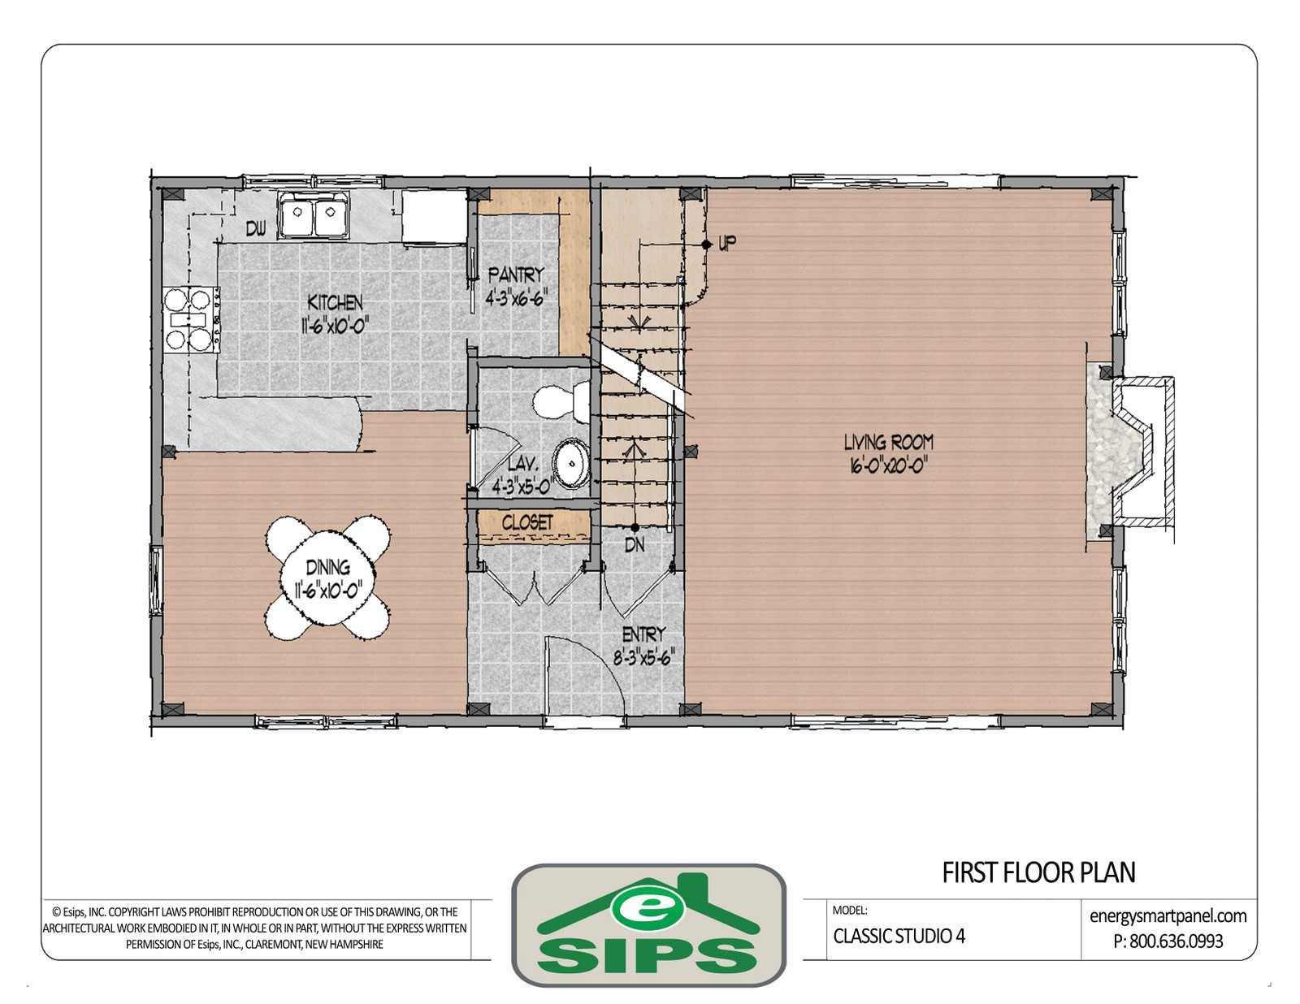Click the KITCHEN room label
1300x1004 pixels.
[335, 303]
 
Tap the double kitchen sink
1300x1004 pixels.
[313, 216]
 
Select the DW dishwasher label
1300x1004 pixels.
[256, 230]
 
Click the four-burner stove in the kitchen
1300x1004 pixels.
[189, 319]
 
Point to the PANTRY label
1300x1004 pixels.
[515, 275]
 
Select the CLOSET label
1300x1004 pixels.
[527, 522]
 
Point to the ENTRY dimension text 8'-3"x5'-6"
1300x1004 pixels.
[643, 658]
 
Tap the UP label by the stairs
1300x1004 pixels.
[727, 243]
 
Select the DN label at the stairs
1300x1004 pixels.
[635, 545]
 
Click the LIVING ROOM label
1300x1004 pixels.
[888, 443]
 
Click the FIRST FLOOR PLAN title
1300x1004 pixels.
[1038, 872]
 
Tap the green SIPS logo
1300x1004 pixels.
[648, 927]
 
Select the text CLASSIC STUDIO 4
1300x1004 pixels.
[899, 936]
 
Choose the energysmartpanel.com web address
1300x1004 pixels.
[1168, 916]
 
